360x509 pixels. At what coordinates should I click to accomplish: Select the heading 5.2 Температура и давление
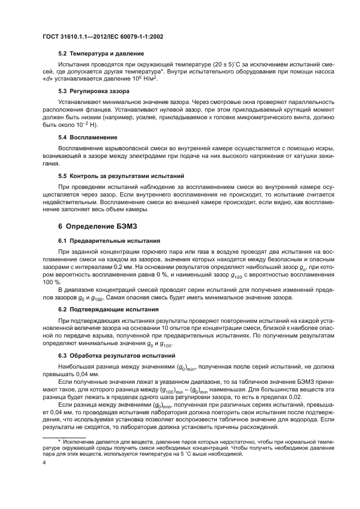pos(101,53)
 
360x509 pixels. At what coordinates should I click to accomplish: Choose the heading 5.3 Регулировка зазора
pos(95,91)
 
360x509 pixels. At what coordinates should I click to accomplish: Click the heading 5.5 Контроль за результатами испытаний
pos(121,176)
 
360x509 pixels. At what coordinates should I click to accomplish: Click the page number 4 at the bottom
pos(45,462)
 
